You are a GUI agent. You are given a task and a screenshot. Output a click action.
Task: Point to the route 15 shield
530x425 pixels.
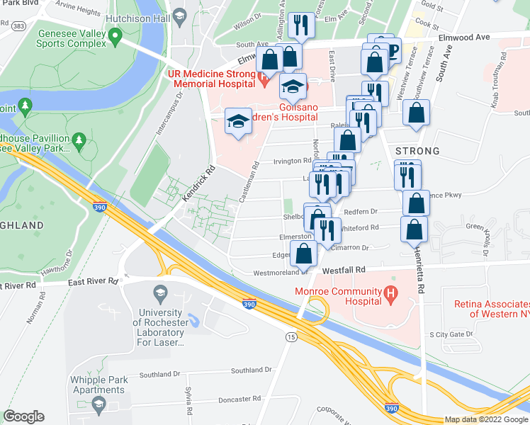click(x=291, y=338)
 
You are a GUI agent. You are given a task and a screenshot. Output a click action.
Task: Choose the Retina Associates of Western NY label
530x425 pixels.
click(x=490, y=309)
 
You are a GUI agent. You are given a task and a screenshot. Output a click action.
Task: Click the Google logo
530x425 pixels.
click(x=23, y=416)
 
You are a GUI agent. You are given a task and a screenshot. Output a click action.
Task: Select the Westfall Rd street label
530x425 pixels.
click(x=344, y=270)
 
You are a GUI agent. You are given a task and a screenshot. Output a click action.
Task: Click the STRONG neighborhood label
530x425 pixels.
click(x=417, y=151)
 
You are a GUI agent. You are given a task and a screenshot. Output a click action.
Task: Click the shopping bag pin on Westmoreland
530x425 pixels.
click(x=305, y=254)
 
